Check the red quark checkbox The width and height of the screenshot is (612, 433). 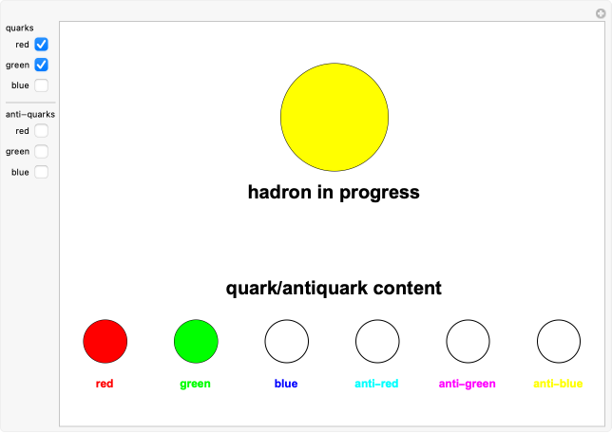point(42,44)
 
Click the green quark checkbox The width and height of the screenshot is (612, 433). point(42,65)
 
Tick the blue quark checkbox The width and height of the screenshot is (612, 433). point(42,85)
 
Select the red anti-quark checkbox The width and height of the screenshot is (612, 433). point(42,131)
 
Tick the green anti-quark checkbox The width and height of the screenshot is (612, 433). point(42,151)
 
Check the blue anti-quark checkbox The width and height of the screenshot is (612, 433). point(42,172)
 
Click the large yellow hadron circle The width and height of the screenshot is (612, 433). point(335,117)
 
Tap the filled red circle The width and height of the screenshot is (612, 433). point(105,341)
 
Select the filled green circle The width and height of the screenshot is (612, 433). point(196,341)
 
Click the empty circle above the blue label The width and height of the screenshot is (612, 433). point(286,341)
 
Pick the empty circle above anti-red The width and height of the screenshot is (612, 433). point(377,341)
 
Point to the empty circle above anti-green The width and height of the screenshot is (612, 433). point(468,341)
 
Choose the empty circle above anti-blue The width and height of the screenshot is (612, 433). point(559,341)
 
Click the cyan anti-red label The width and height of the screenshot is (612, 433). point(377,385)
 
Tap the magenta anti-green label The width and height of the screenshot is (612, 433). point(468,385)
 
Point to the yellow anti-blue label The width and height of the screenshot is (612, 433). point(559,385)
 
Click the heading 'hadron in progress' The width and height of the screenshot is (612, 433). point(334,192)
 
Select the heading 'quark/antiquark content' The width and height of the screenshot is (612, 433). point(334,288)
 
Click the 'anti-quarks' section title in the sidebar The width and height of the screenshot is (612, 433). point(30,115)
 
